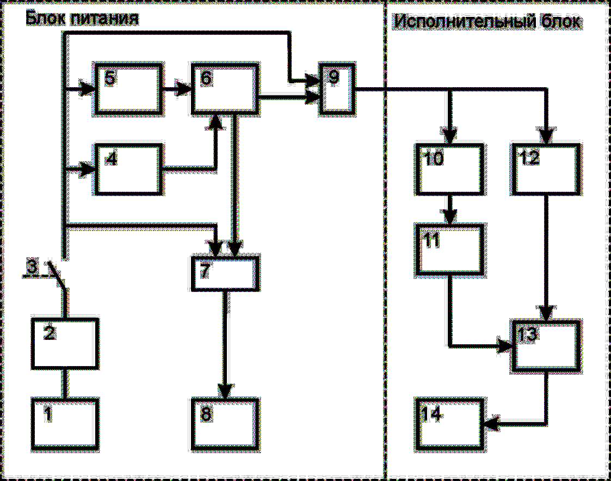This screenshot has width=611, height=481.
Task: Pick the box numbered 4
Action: coord(129,169)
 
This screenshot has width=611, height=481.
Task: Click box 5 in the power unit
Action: coord(128,89)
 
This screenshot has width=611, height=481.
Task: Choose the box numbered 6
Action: coord(224,89)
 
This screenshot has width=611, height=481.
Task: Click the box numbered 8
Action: coord(225,422)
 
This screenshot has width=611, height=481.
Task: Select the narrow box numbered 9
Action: coord(335,89)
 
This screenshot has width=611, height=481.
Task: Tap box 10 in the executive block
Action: coord(449,169)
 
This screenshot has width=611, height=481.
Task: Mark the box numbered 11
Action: coord(449,248)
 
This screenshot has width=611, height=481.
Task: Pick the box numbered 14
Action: coord(449,422)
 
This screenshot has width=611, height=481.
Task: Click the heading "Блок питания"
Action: coord(82,19)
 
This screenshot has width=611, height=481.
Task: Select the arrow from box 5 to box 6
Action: coord(177,89)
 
